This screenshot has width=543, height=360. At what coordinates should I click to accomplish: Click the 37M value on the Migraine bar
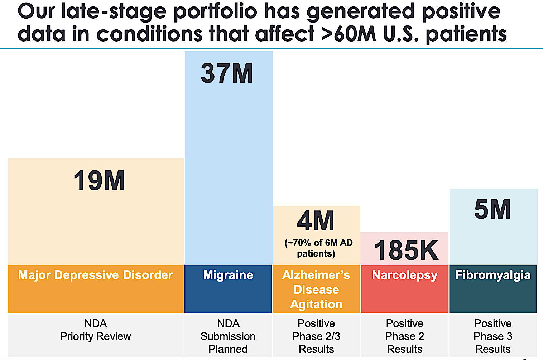point(227,73)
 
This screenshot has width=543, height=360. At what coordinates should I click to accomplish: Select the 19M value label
point(99,180)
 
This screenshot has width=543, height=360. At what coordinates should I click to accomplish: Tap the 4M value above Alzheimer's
point(316,221)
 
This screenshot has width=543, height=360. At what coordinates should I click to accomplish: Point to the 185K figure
point(406,250)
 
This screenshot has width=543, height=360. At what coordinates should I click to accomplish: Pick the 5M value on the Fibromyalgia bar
point(492,209)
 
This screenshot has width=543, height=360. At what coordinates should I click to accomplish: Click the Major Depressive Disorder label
point(96,275)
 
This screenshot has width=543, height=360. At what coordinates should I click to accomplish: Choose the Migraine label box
point(228,275)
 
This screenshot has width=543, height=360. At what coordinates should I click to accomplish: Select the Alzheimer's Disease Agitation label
point(316,289)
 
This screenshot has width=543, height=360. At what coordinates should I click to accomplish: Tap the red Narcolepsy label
point(405,275)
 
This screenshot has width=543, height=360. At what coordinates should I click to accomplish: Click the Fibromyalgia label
point(493,275)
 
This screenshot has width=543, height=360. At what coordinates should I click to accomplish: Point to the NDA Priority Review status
point(96,330)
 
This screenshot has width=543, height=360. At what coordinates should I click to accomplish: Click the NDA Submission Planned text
point(228,336)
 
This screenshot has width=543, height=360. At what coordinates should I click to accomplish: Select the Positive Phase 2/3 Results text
point(316,336)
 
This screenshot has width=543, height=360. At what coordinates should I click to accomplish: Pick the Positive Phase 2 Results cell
point(405,336)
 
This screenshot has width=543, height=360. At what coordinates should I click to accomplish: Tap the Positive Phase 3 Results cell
point(493,336)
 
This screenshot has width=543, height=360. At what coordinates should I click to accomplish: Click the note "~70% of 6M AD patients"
point(318,248)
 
